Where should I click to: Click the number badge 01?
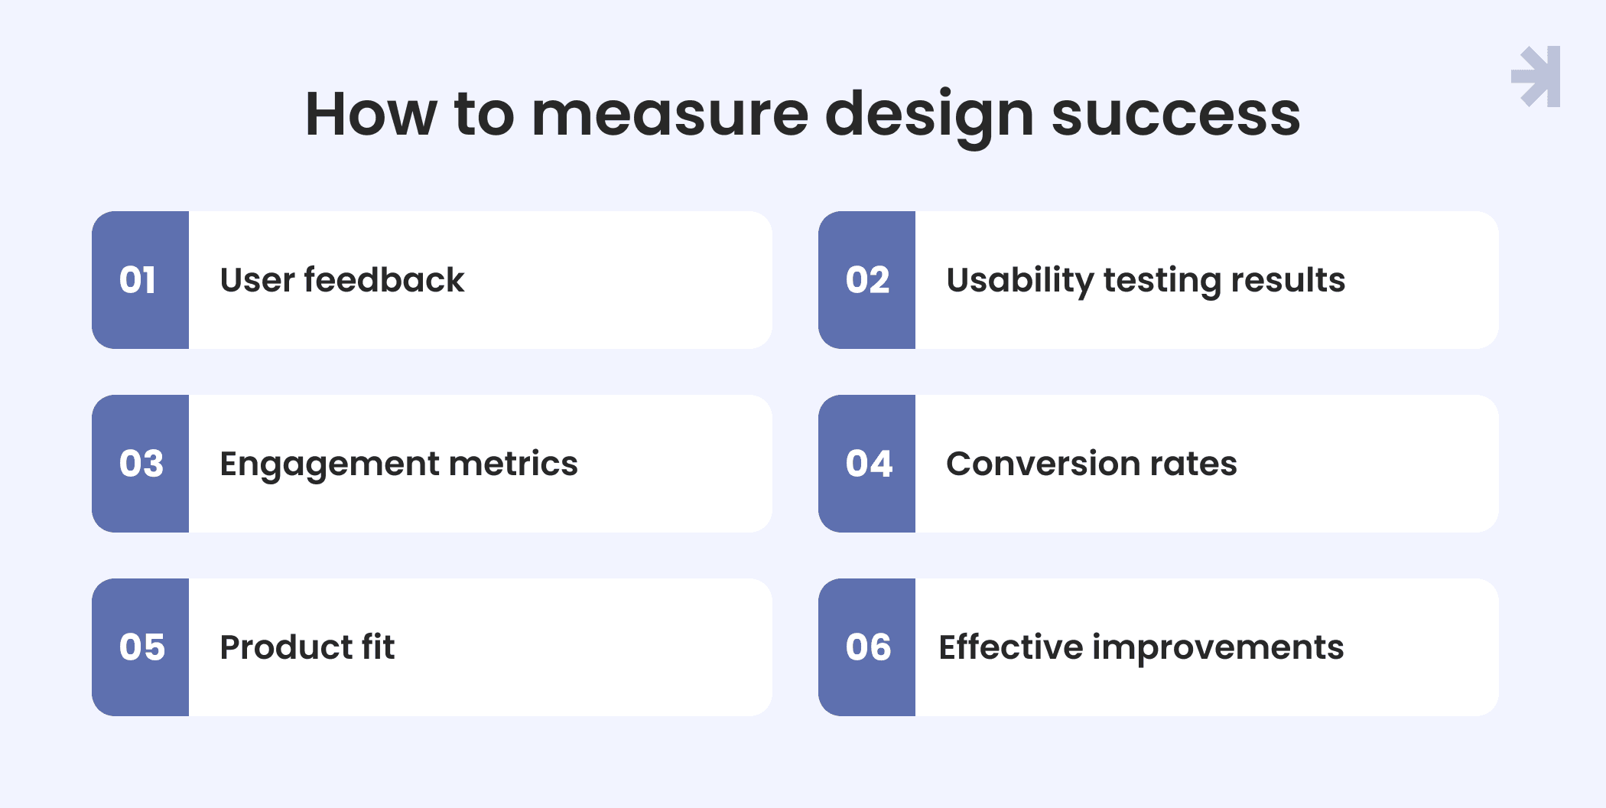pyautogui.click(x=141, y=280)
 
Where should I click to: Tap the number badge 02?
pyautogui.click(x=867, y=280)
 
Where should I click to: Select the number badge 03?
pyautogui.click(x=141, y=464)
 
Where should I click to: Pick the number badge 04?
pyautogui.click(x=867, y=464)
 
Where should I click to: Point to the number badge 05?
pyautogui.click(x=141, y=647)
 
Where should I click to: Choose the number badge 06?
pyautogui.click(x=867, y=647)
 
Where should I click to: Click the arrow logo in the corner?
pyautogui.click(x=1536, y=77)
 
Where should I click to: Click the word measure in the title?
pyautogui.click(x=670, y=115)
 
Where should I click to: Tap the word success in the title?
pyautogui.click(x=1176, y=115)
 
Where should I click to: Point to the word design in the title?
pyautogui.click(x=930, y=118)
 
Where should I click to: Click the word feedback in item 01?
pyautogui.click(x=385, y=279)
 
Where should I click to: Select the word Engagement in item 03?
pyautogui.click(x=330, y=465)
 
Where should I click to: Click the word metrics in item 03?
pyautogui.click(x=513, y=464)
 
